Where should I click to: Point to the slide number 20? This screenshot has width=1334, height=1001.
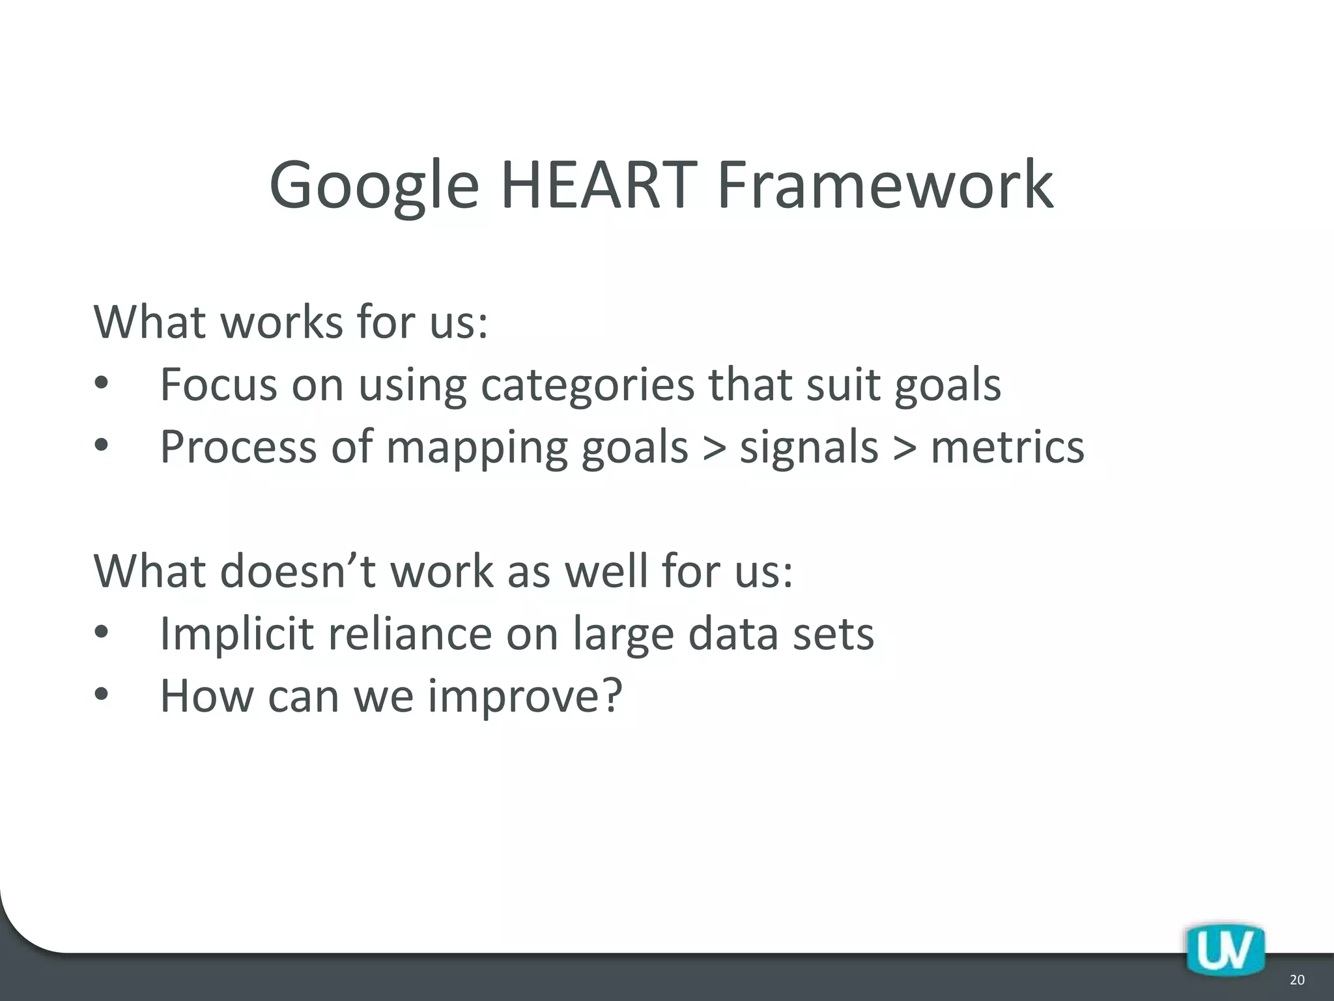coord(1297,979)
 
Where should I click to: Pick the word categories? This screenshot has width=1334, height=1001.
coord(588,386)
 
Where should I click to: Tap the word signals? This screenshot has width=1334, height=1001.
coord(809,448)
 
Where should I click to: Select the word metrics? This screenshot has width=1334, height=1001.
coord(1007,448)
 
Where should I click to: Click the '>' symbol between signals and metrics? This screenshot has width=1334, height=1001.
coord(905,448)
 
